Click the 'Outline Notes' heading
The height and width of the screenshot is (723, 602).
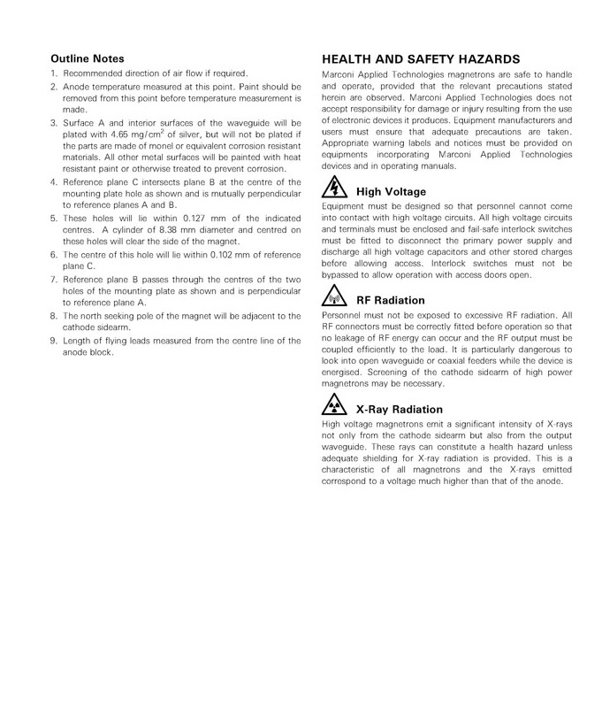point(87,58)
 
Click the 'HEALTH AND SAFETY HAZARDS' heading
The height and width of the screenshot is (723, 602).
point(420,58)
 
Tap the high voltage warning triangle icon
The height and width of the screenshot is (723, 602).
point(336,188)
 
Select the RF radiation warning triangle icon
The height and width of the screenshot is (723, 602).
point(336,296)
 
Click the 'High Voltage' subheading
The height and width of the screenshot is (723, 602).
point(390,192)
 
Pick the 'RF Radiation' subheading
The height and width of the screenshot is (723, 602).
point(390,301)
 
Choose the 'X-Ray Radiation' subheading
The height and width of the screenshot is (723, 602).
point(399,410)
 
